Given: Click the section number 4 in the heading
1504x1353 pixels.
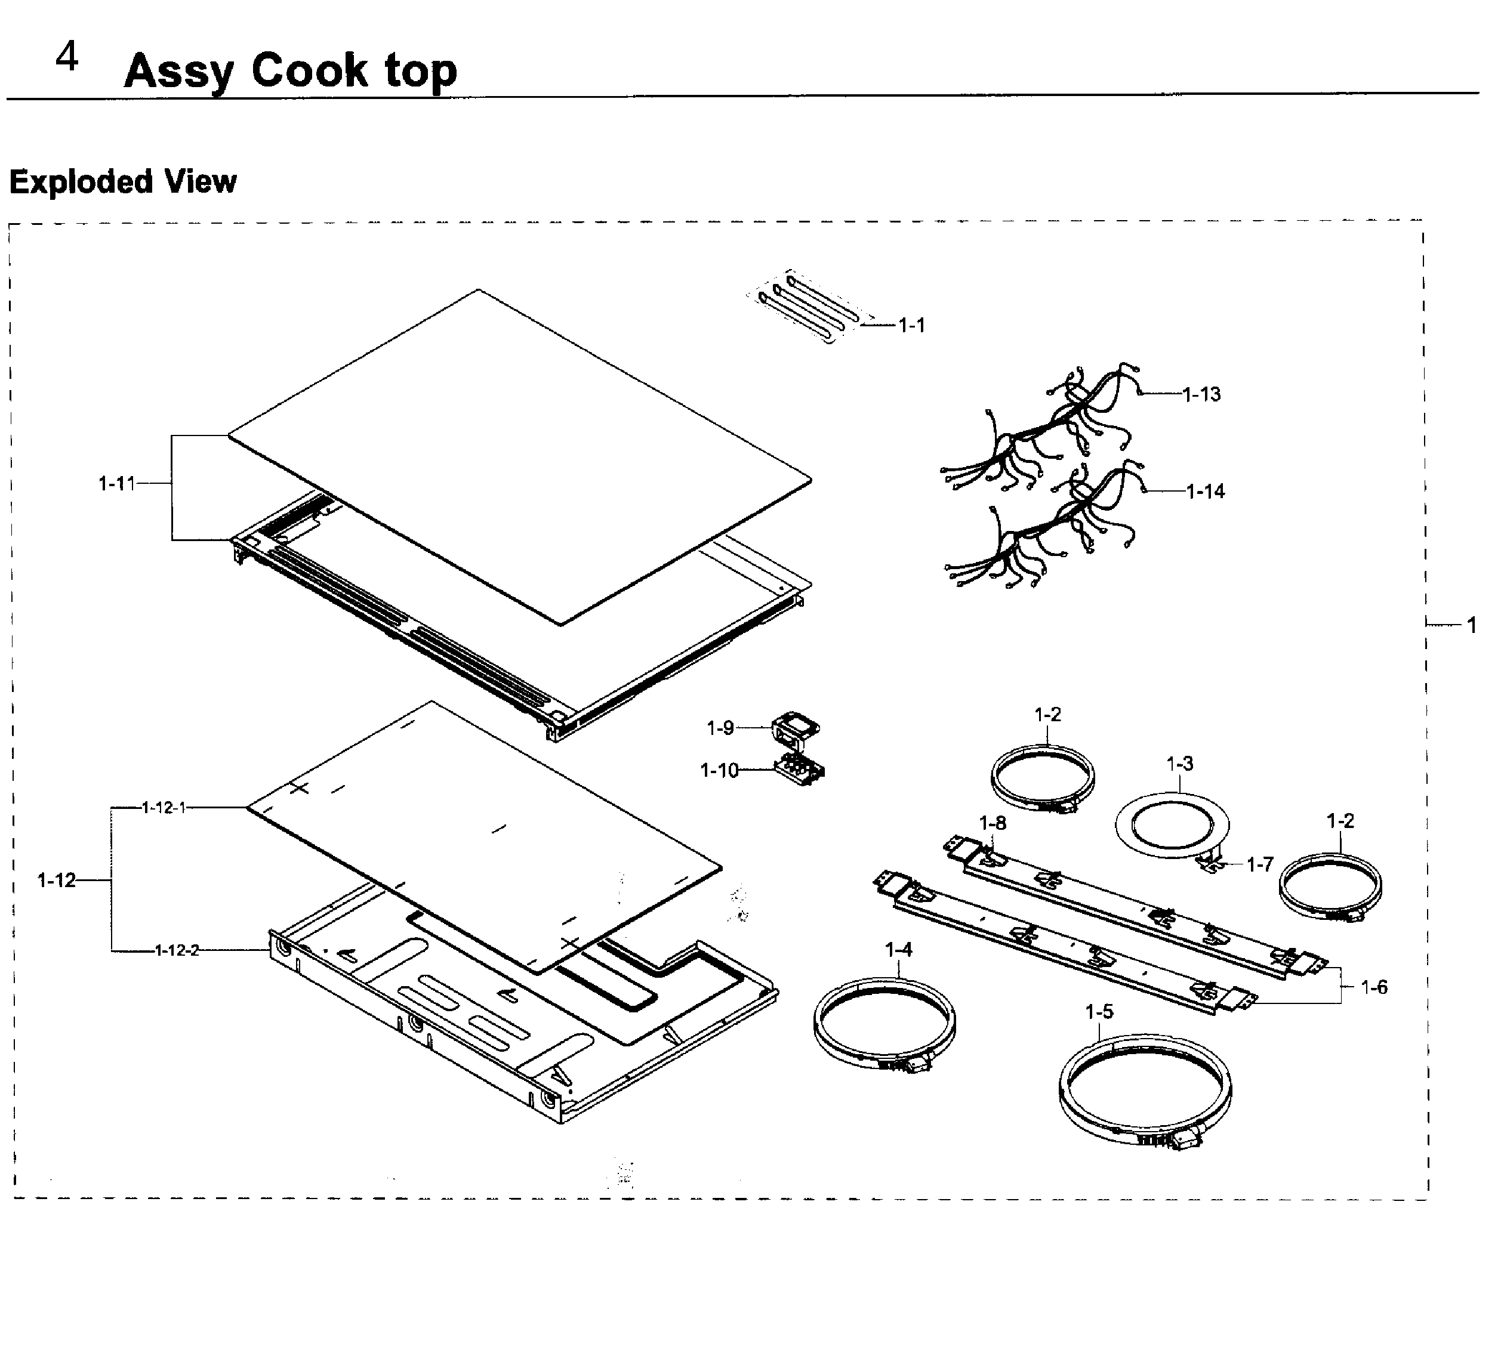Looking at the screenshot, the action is (67, 57).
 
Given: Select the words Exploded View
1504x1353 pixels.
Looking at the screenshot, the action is (123, 181).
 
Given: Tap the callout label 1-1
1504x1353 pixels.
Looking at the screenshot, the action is (911, 326).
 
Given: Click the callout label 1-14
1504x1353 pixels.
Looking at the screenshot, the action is (1205, 492).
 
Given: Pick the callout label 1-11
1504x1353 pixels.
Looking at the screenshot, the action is (117, 483).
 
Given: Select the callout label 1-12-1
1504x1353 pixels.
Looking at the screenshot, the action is (164, 807).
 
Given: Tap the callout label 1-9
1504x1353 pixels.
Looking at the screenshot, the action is (720, 728).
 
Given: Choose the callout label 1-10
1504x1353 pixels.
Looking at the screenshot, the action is (719, 770).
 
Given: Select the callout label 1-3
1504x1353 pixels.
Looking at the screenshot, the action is (1180, 764).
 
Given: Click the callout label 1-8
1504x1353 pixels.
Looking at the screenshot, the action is (993, 823).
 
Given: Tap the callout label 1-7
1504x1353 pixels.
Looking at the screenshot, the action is (1260, 864).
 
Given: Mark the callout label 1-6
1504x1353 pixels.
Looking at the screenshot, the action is (1374, 987).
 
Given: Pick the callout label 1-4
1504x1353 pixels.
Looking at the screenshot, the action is (899, 949).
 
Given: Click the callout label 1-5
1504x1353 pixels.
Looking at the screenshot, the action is (1099, 1012).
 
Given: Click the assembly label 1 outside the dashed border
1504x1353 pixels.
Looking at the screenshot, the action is (1471, 625).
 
